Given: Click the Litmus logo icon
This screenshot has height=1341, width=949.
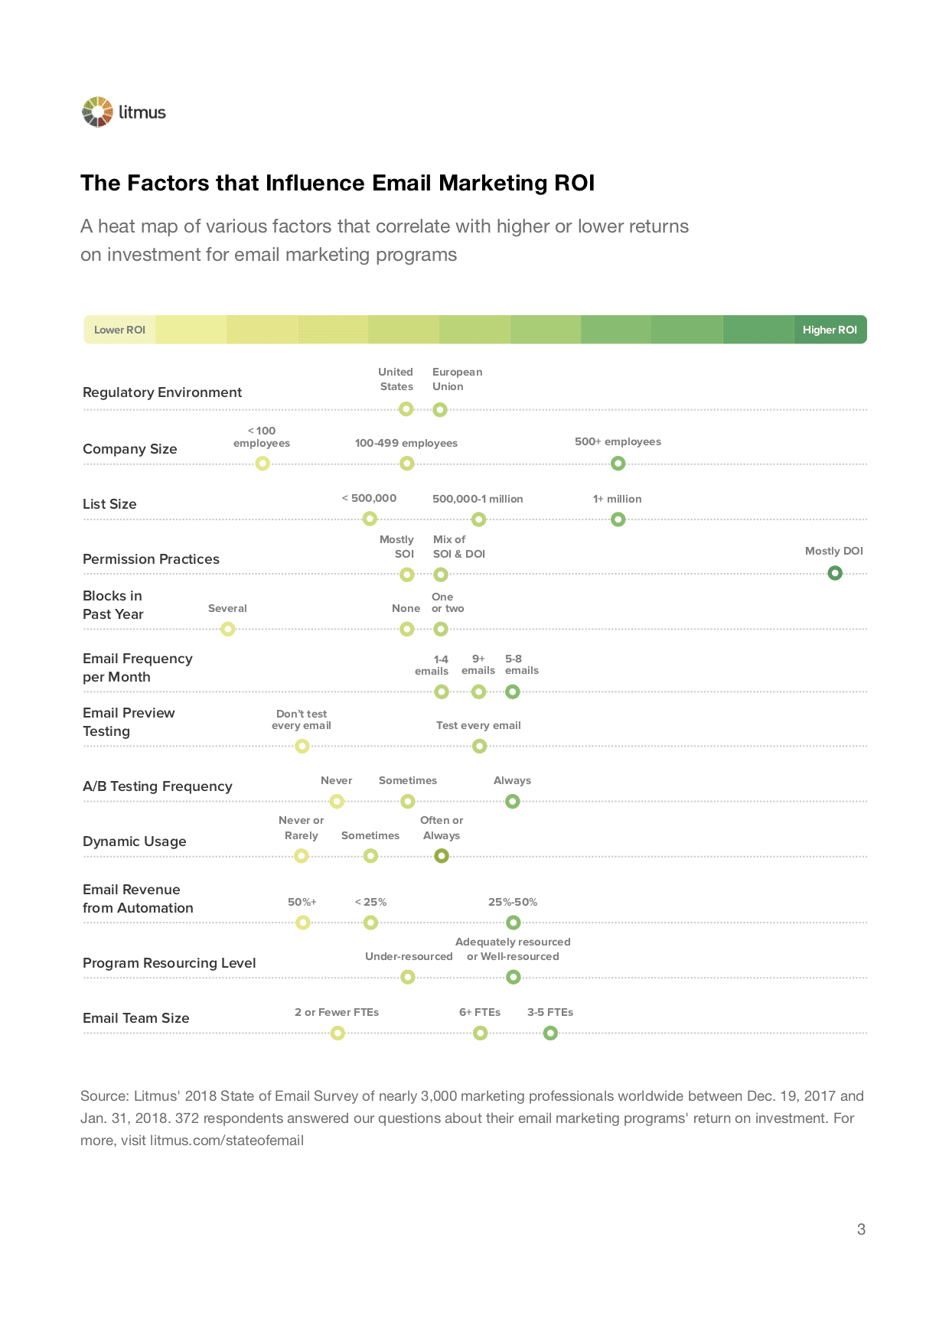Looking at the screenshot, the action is (97, 112).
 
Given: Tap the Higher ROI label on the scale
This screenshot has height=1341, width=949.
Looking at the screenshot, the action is (830, 330).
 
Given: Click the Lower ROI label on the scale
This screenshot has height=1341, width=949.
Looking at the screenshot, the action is (119, 330).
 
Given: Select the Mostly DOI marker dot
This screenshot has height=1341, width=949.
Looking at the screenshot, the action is (835, 573).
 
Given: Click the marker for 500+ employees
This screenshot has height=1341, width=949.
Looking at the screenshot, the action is (618, 464).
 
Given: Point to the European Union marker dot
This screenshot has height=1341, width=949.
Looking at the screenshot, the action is (440, 410).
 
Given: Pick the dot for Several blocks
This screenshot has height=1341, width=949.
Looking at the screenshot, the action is (228, 630).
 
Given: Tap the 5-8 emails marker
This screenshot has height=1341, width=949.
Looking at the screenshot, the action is (513, 692).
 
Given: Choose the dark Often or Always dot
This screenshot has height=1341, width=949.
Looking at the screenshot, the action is (442, 856).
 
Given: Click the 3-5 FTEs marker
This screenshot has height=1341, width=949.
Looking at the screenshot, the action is (550, 1033).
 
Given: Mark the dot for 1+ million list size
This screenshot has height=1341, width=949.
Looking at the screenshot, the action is (618, 520).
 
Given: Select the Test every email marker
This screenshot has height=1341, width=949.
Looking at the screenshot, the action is (480, 747).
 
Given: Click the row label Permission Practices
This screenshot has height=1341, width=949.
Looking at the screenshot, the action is (151, 559).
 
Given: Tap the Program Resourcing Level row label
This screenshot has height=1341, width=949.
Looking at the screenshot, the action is (169, 963).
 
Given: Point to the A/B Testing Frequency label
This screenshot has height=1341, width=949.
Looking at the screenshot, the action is (158, 786).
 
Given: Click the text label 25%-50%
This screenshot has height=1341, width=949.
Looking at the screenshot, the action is (513, 902).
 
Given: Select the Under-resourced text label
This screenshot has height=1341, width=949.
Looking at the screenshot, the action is (409, 956).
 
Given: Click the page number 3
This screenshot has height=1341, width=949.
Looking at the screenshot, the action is (861, 1229).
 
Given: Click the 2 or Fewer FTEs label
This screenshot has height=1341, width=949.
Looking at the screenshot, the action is (337, 1012).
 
